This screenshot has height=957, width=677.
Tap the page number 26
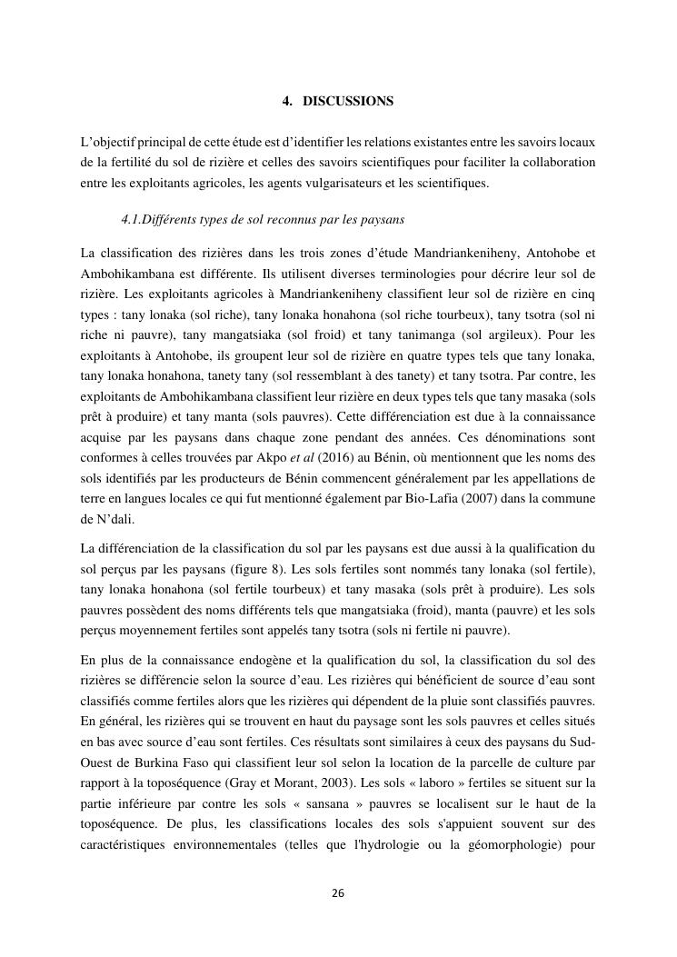pyautogui.click(x=338, y=893)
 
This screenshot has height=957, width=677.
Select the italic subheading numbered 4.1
pyautogui.click(x=262, y=220)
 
